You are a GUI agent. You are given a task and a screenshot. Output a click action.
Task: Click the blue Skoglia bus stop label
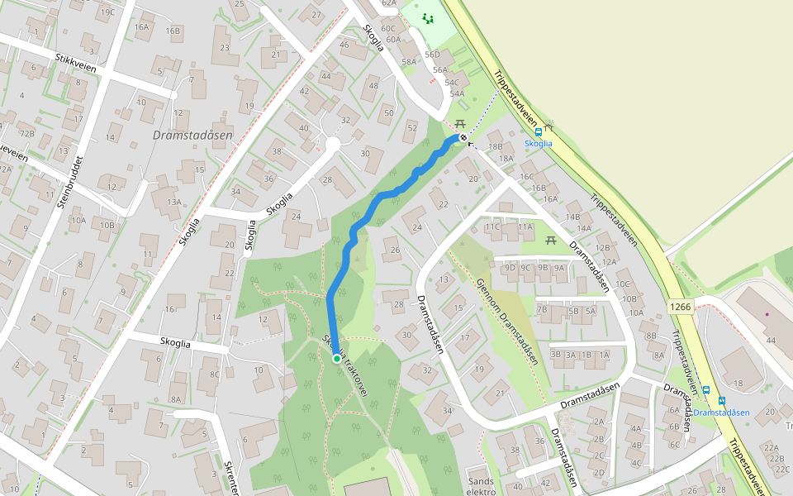pyautogui.click(x=539, y=144)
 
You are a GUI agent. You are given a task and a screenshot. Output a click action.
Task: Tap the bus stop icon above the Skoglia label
pyautogui.click(x=538, y=131)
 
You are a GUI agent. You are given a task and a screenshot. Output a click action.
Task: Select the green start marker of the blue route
pyautogui.click(x=337, y=359)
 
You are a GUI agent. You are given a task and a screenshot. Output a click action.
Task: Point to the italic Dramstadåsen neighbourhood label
pyautogui.click(x=192, y=135)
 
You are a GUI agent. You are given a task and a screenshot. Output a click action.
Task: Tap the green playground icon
pyautogui.click(x=427, y=18)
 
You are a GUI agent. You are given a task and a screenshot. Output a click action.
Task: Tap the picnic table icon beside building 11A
pyautogui.click(x=550, y=241)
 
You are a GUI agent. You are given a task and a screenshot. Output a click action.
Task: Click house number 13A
pyautogui.click(x=173, y=202)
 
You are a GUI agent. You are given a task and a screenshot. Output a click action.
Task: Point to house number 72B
pyautogui.click(x=27, y=133)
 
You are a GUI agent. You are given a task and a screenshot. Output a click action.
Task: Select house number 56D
pyautogui.click(x=432, y=55)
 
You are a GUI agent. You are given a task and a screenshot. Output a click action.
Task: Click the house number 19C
pyautogui.click(x=107, y=12)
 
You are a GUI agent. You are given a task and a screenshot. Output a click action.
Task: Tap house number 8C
pyautogui.click(x=215, y=374)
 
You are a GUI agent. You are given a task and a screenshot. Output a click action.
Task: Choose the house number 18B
pyautogui.click(x=495, y=146)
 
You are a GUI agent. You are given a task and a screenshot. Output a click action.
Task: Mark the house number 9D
pyautogui.click(x=510, y=268)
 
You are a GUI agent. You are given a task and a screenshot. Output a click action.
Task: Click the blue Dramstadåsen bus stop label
pyautogui.click(x=721, y=413)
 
